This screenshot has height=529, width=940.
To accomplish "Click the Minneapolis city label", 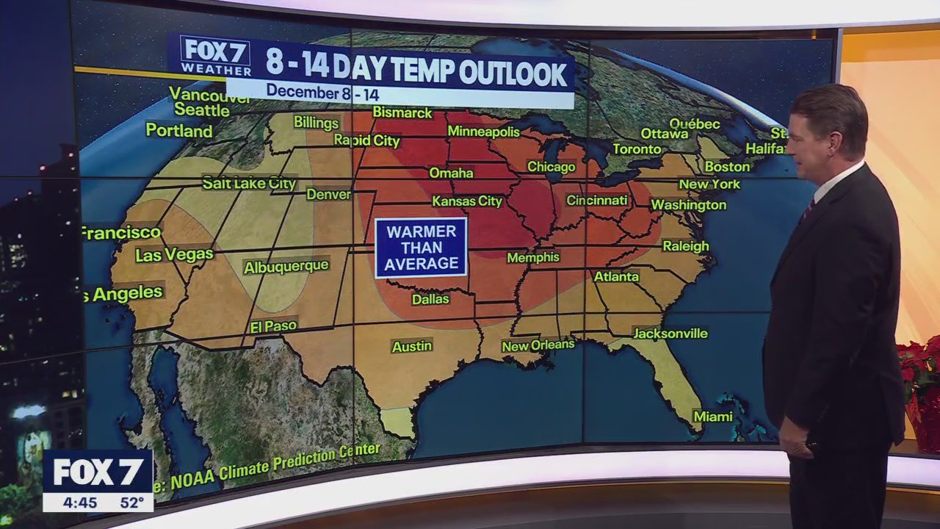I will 483,132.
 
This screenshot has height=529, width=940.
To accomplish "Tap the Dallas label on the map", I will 430,299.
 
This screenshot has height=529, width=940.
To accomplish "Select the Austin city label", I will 411,346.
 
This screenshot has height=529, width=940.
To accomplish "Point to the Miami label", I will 713,417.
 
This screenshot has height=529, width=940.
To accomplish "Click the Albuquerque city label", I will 286,267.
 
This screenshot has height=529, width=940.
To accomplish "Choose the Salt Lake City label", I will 249,183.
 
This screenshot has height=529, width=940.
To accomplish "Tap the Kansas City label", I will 467,201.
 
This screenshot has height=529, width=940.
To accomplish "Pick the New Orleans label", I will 538,345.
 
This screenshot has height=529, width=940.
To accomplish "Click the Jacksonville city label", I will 670,334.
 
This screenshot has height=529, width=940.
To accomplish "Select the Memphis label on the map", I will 533,257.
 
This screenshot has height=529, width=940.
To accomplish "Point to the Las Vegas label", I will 174,255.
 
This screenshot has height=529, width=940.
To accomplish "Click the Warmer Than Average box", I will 421,248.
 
